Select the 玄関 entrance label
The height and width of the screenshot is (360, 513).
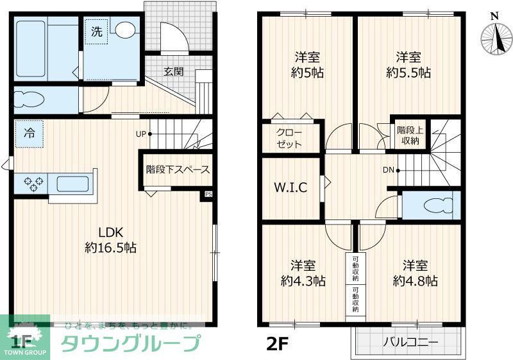[x=173, y=71]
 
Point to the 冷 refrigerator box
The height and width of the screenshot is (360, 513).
[x=29, y=134]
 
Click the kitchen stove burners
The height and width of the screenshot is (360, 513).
[x=32, y=184]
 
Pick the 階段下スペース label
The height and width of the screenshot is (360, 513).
[x=178, y=170]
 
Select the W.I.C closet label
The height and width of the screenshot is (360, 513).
[x=290, y=188]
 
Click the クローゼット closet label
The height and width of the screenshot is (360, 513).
[x=289, y=139]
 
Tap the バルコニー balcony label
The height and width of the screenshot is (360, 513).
[x=410, y=343]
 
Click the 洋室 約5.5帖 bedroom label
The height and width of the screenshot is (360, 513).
[x=408, y=64]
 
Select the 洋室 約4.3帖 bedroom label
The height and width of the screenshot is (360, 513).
[x=303, y=273]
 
